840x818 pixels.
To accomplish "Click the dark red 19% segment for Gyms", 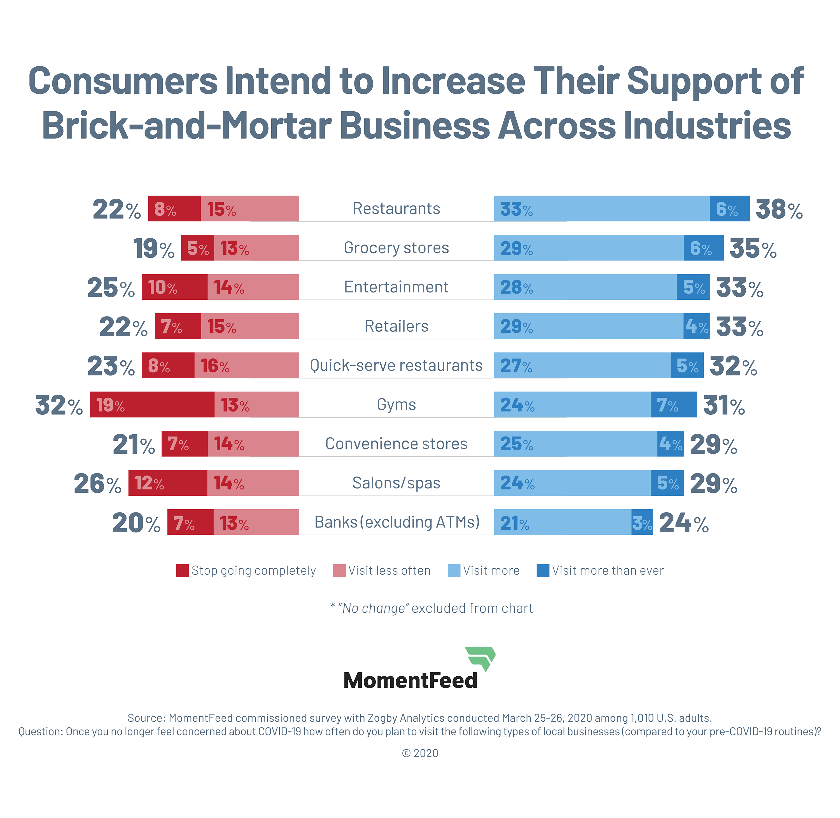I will (x=152, y=404).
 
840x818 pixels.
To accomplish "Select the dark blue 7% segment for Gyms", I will (x=673, y=404).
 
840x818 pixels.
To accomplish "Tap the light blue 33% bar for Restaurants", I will (x=601, y=209).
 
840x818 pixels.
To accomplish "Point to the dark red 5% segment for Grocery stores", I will (x=197, y=248).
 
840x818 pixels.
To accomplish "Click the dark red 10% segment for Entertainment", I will (x=174, y=287).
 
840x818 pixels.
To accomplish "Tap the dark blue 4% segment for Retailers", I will (x=696, y=326).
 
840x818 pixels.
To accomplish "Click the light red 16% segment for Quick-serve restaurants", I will (x=246, y=365).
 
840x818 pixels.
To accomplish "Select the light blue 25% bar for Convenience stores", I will (x=575, y=443).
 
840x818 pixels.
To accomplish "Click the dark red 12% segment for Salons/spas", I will (x=168, y=483).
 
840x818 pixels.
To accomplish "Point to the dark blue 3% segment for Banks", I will (x=642, y=522).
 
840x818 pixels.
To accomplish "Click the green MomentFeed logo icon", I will (x=480, y=658).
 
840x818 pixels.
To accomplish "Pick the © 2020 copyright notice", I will (x=420, y=753).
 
